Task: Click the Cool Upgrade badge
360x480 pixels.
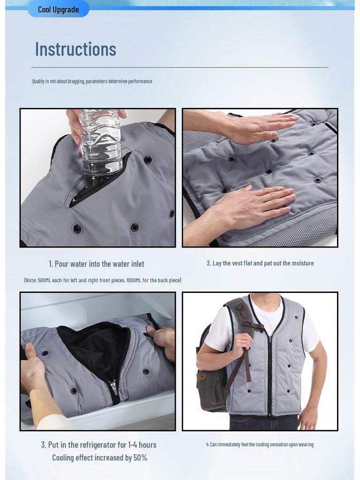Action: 58,9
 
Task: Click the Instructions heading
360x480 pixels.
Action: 75,49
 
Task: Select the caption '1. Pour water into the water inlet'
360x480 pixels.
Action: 97,264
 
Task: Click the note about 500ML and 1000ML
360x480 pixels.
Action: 103,280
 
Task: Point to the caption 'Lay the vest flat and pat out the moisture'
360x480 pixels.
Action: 260,263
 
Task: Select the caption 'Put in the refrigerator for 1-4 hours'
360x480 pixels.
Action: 99,445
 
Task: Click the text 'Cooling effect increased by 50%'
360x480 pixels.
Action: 99,457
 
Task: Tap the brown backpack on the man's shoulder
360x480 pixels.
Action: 211,361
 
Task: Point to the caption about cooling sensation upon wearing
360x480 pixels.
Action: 260,444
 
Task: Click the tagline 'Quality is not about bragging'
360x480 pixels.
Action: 92,81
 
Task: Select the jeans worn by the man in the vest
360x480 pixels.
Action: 262,423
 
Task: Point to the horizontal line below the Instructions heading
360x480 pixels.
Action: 180,67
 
